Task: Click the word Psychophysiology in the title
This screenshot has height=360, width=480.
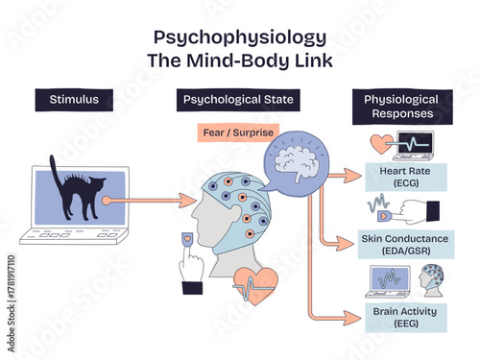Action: click(240, 37)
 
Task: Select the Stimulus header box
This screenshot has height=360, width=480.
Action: click(68, 98)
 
